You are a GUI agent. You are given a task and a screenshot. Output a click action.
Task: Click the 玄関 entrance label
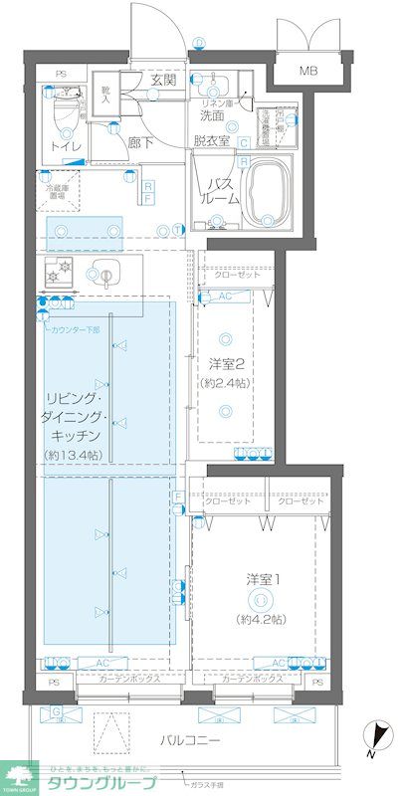[163, 80]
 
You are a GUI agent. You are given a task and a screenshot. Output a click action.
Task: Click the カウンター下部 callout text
[74, 328]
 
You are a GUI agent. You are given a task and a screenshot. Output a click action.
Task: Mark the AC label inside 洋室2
[225, 297]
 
